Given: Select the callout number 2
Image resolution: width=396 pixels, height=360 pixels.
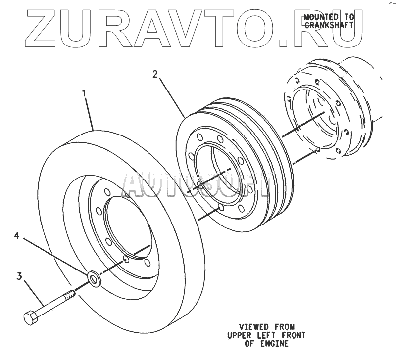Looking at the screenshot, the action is (x=155, y=75).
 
